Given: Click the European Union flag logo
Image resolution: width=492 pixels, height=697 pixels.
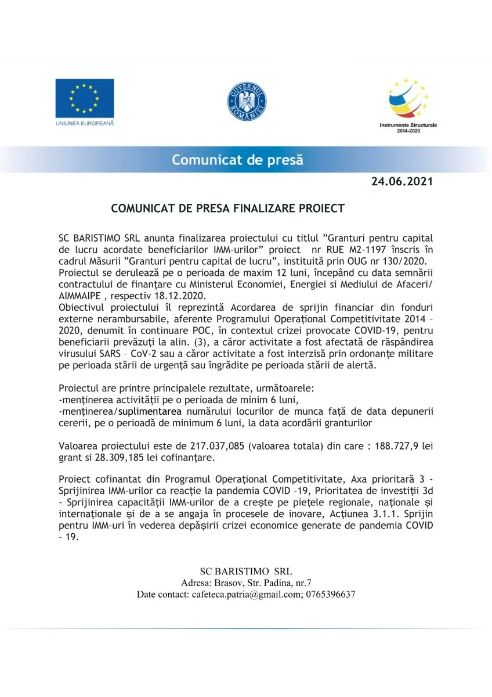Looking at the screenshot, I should [x=85, y=98].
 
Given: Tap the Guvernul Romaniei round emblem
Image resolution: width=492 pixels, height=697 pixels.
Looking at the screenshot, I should [x=247, y=102].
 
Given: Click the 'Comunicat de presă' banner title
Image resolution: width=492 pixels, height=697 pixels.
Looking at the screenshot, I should [x=237, y=160].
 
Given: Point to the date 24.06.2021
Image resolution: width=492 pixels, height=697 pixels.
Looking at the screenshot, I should [x=402, y=182].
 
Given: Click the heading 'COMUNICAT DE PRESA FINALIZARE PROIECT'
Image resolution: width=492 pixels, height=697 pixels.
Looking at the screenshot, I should [x=228, y=208].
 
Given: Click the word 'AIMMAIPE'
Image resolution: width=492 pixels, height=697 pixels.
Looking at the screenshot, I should [x=81, y=295].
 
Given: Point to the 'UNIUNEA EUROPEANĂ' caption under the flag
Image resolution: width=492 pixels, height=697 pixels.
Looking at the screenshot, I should [x=85, y=124].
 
